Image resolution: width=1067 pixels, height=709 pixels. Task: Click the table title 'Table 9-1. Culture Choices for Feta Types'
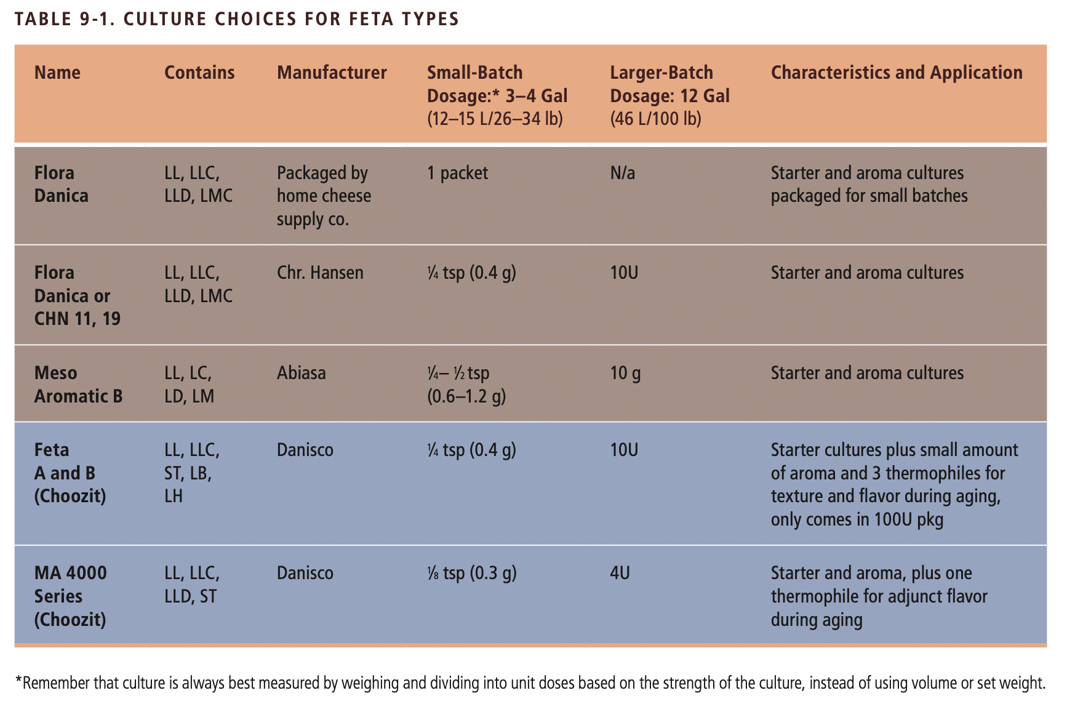pos(237,19)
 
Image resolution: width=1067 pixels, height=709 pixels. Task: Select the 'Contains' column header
pos(199,73)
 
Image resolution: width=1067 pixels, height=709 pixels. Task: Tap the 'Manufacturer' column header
pos(332,73)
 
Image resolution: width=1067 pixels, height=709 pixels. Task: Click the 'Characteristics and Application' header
pos(897,73)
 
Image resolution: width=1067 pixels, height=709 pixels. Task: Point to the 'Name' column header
pos(57,73)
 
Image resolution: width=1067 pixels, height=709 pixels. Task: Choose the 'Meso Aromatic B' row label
pos(78,385)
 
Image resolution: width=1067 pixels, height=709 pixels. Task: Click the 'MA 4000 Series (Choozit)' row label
pos(70,596)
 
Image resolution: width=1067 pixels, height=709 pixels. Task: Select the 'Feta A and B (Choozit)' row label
pos(70,473)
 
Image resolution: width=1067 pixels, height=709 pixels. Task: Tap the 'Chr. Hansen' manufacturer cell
pos(320,273)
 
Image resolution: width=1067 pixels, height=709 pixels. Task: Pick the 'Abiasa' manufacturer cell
pos(301,373)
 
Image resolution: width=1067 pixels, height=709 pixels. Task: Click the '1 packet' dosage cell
pos(457,173)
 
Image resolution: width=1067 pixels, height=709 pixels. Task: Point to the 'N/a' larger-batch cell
pos(622,173)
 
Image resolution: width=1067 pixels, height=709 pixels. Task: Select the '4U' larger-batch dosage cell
pos(620,573)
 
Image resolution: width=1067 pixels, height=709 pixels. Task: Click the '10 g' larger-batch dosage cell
pos(625,373)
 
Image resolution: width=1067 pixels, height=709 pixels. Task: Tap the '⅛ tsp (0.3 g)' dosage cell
pos(471,573)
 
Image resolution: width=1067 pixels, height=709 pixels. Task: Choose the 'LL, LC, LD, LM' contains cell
pos(190,385)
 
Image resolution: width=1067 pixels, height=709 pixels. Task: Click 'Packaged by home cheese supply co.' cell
pos(324,196)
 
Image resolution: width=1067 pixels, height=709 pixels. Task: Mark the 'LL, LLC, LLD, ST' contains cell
pos(191,585)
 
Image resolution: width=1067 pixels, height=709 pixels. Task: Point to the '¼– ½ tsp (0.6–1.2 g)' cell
pos(466,385)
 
